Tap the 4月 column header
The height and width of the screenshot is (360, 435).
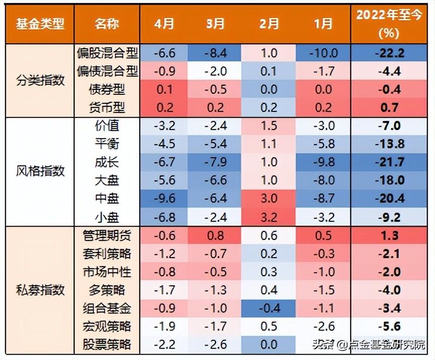(165, 24)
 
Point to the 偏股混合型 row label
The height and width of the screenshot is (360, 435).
(106, 53)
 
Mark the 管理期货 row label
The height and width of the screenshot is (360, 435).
(106, 235)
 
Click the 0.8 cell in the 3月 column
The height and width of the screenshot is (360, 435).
(215, 235)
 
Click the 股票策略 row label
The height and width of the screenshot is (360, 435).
(106, 344)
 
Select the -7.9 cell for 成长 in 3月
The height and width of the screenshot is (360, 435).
(215, 162)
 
